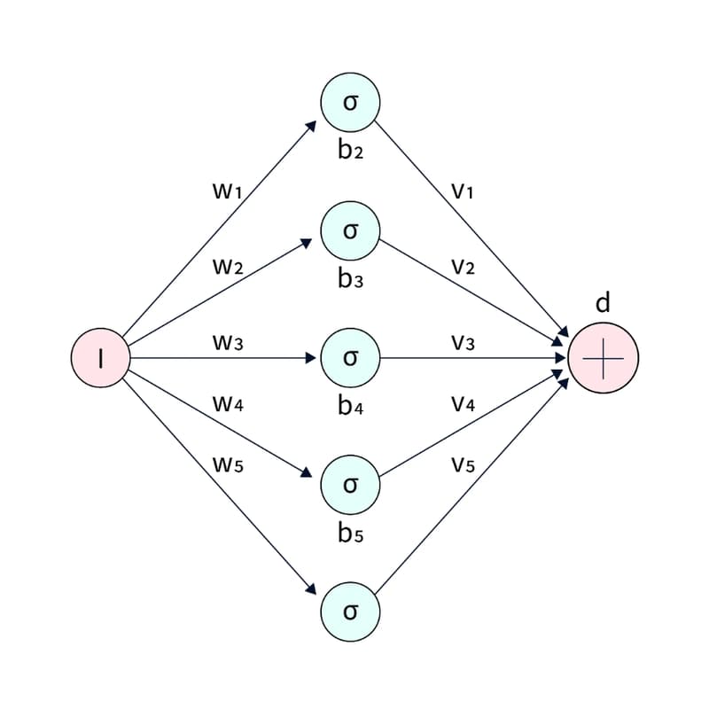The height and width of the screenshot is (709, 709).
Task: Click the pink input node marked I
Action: coord(101,358)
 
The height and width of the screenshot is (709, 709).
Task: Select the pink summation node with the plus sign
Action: coord(603,359)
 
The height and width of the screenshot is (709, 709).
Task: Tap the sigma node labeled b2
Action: coord(350,103)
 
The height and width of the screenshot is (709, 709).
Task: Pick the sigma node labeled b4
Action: coord(350,358)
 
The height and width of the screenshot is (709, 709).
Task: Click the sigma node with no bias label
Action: coord(350,612)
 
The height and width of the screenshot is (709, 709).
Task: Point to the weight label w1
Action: coord(228,190)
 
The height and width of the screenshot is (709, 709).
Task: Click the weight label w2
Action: coord(228,267)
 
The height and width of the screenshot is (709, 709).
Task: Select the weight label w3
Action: coord(228,342)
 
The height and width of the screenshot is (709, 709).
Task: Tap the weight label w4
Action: coord(228,404)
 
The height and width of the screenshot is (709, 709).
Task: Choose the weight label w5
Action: coord(228,464)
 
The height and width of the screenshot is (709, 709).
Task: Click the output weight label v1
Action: coord(463,190)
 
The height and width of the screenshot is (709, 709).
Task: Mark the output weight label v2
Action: coord(463,267)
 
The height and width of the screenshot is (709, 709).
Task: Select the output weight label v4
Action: coord(463,404)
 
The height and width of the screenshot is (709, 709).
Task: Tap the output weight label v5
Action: coord(463,464)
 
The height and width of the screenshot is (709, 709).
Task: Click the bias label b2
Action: coord(350,150)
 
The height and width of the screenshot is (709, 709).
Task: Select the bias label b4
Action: coord(350,408)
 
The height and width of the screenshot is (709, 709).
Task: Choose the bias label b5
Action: coord(350,534)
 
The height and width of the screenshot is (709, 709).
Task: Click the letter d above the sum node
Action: coord(603,303)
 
